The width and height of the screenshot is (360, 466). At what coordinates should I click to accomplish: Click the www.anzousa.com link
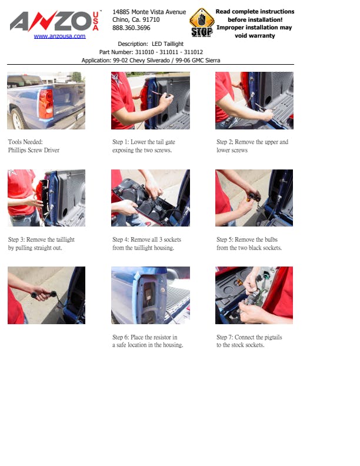tap(59, 36)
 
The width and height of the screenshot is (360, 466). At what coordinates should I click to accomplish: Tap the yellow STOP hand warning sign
tap(202, 22)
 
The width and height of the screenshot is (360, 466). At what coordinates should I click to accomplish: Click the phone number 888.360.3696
tap(131, 28)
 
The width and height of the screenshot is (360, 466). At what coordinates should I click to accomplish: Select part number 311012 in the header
tap(194, 52)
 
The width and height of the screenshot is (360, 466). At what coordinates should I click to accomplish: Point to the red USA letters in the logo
tap(96, 21)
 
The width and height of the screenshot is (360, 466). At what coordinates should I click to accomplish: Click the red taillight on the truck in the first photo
tap(46, 104)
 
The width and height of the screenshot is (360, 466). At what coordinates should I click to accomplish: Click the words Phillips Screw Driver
tap(34, 150)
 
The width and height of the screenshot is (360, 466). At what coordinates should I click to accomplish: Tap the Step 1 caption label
tap(120, 142)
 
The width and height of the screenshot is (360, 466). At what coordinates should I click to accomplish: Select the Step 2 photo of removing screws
tap(254, 101)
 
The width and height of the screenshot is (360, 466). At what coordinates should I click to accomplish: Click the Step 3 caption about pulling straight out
tap(41, 244)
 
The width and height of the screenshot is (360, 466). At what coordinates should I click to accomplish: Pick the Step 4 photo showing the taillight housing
tap(151, 198)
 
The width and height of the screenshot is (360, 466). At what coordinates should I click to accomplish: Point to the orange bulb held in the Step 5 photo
tap(249, 197)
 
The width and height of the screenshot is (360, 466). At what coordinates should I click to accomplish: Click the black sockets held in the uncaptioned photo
tap(44, 295)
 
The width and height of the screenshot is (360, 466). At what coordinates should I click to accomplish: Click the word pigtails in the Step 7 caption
tap(271, 337)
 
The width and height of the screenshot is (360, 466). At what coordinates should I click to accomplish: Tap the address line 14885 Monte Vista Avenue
tap(149, 12)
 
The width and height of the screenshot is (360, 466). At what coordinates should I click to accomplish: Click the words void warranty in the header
tap(255, 36)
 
